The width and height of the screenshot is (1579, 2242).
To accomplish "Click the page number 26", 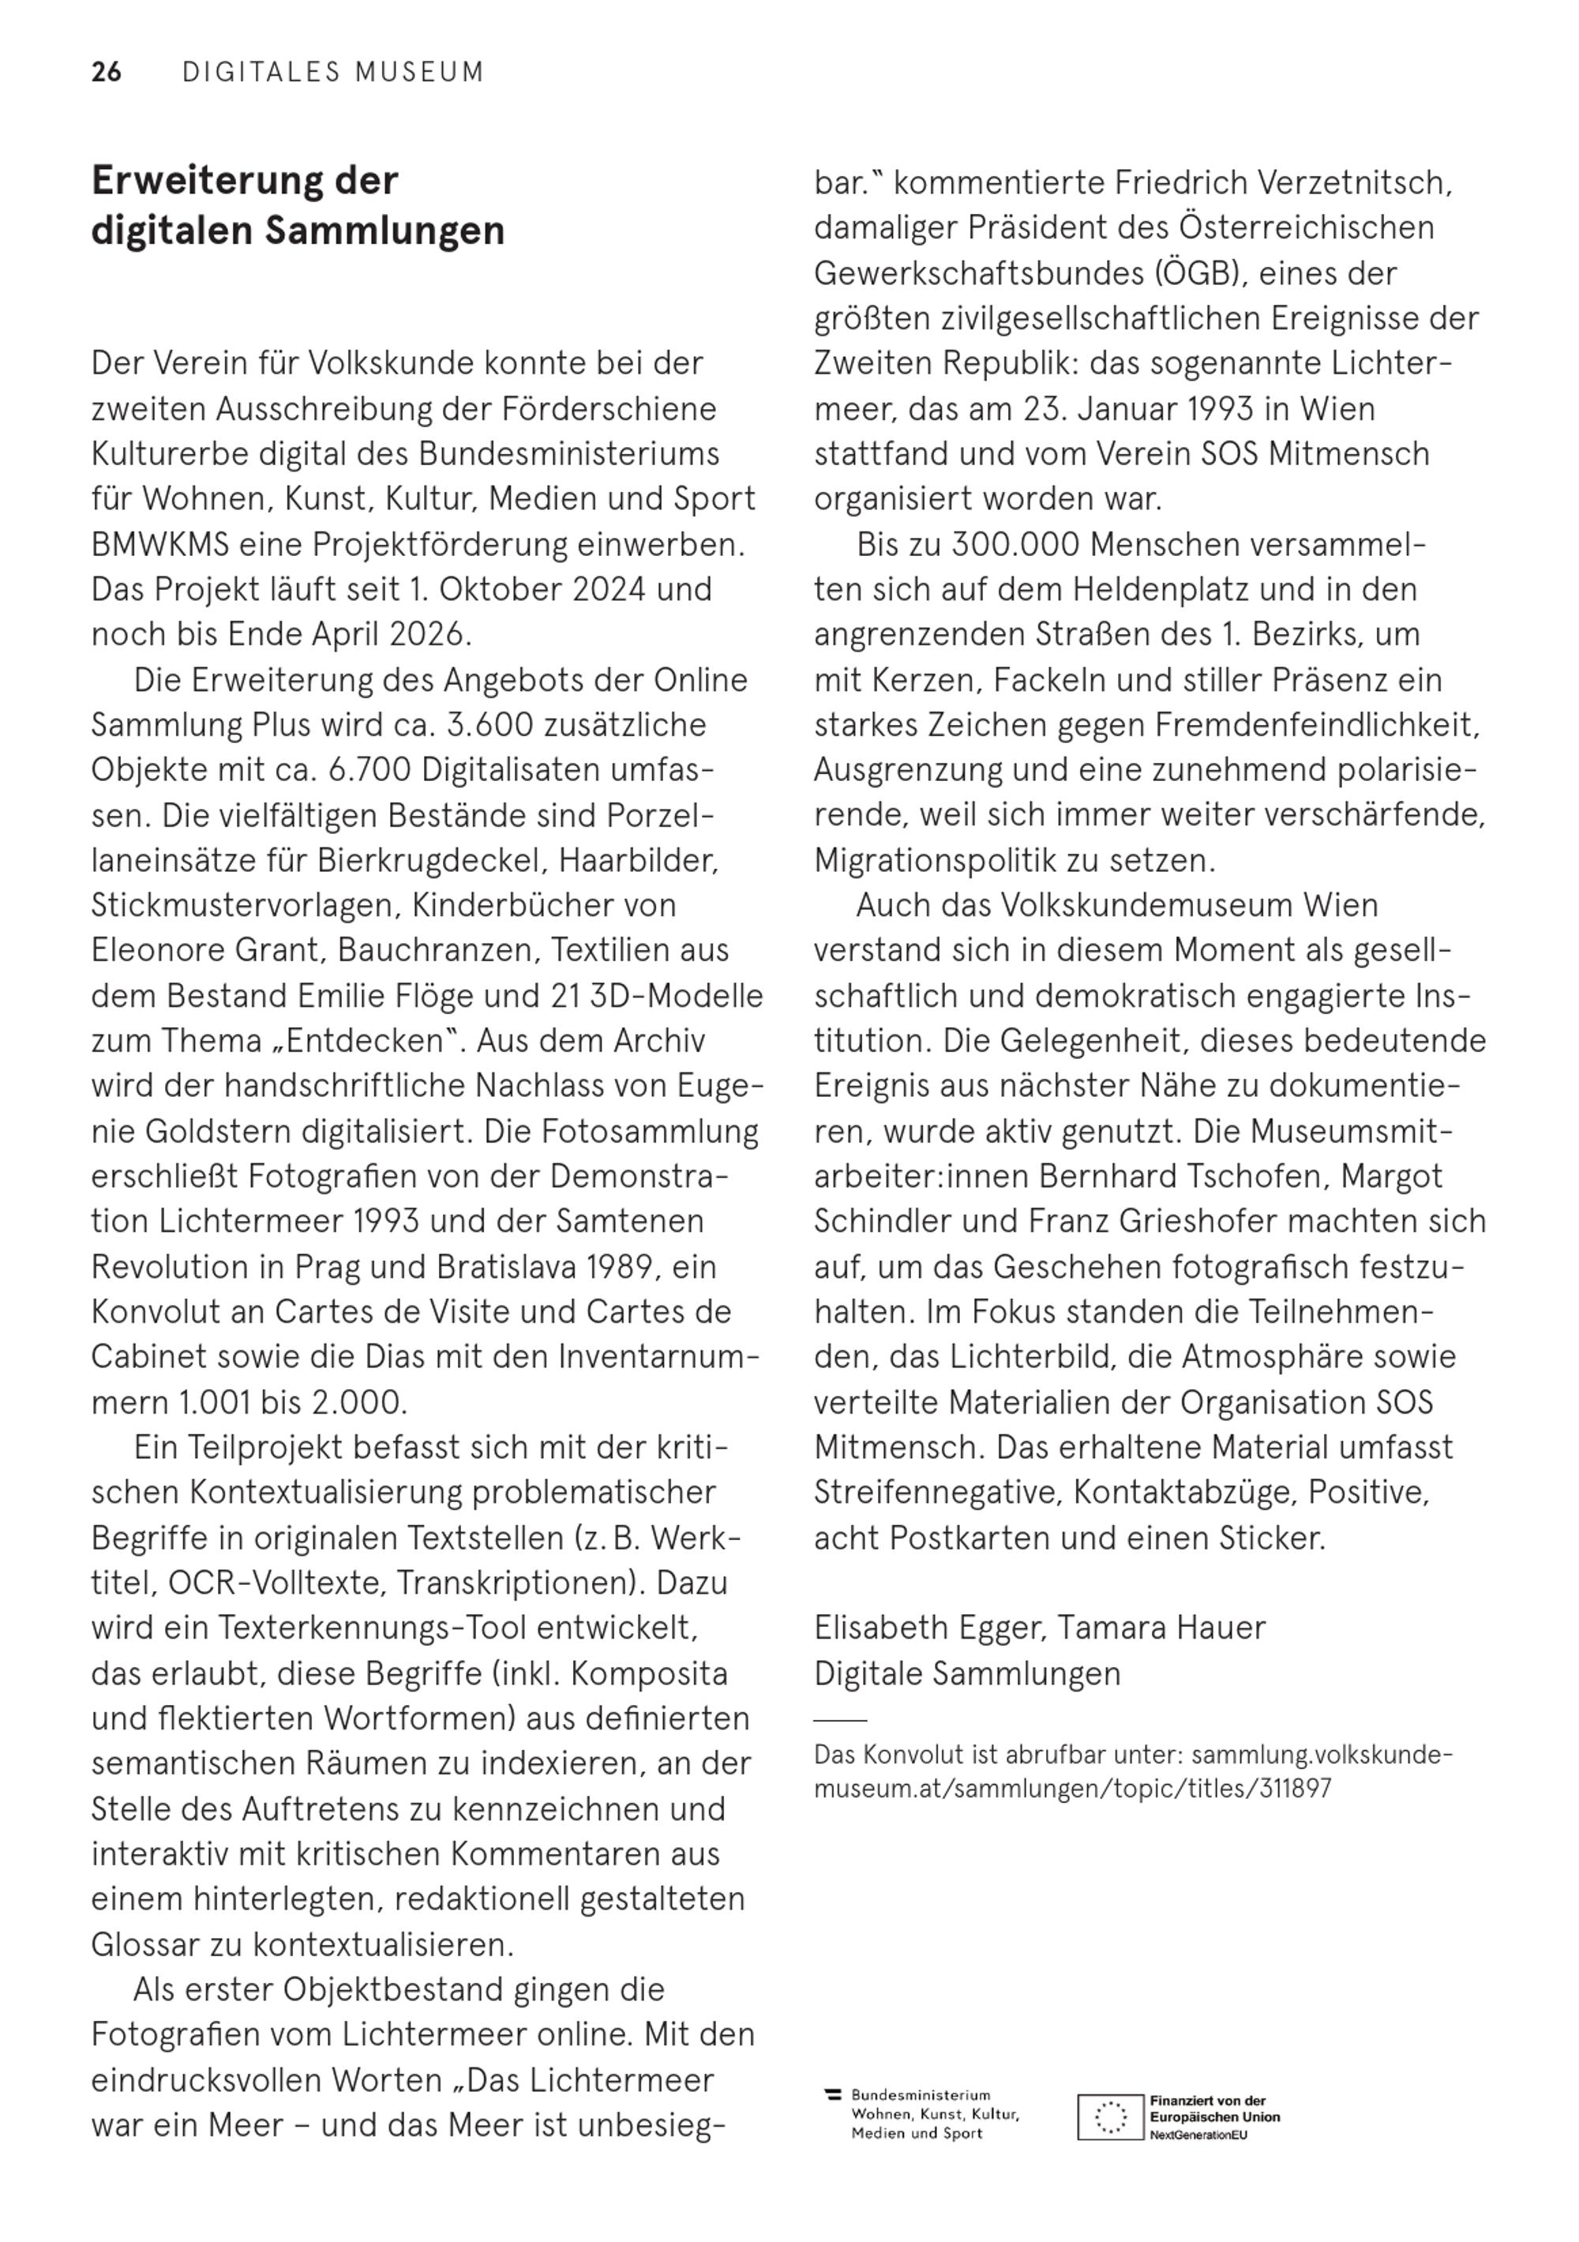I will coord(107,73).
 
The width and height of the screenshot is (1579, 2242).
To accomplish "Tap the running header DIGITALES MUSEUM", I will coord(333,73).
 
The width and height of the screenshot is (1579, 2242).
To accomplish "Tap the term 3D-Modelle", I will coord(677,996).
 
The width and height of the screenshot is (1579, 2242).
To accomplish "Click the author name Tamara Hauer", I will coord(1161,1628).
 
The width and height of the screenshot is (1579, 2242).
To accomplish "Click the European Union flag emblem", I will coord(1109,2117).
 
